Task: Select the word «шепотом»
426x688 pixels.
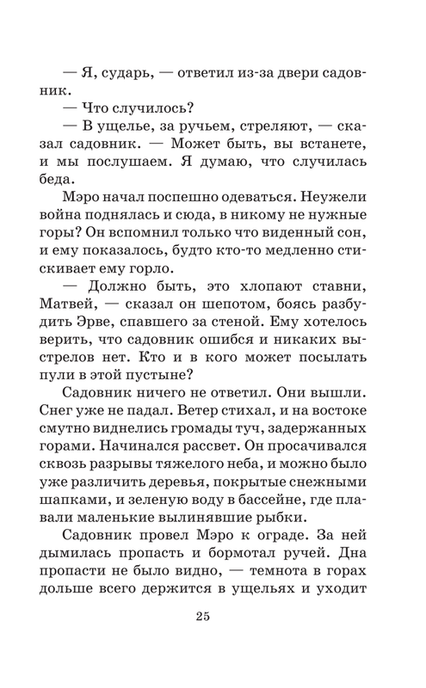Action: (x=241, y=319)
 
